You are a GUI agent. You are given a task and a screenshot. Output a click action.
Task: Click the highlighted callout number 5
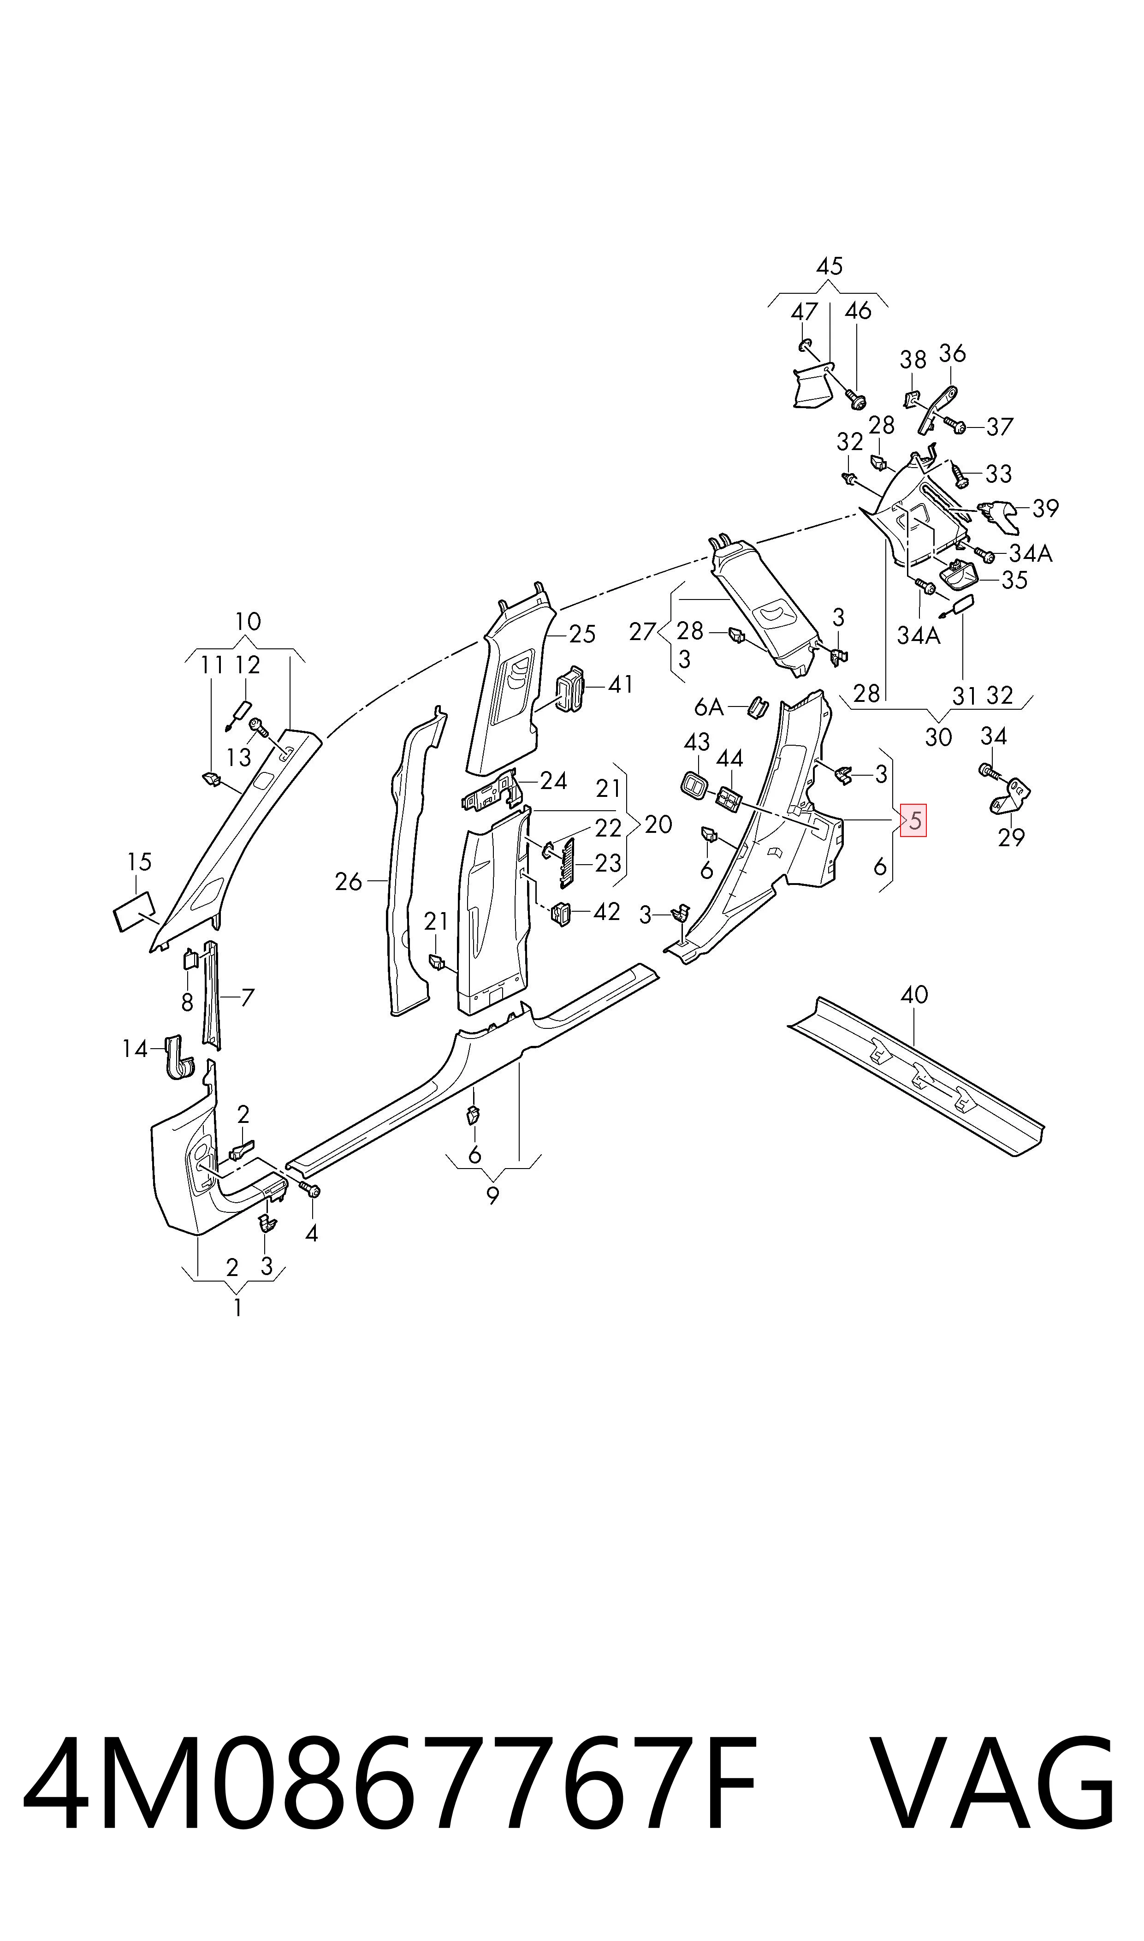(x=915, y=821)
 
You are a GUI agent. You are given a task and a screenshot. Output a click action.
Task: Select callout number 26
(x=349, y=881)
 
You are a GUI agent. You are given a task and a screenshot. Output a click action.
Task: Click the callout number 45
(x=830, y=266)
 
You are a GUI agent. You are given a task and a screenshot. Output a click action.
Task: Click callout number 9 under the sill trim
(x=492, y=1196)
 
